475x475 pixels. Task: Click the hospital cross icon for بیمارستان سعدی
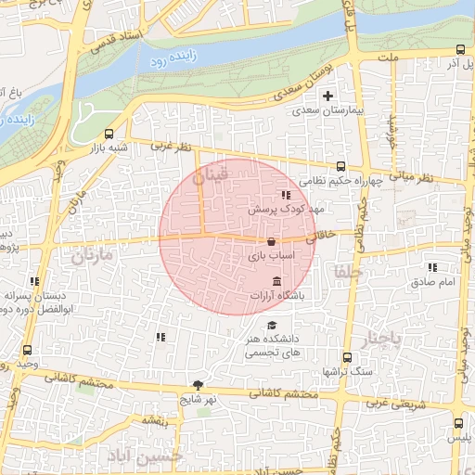pos(327,96)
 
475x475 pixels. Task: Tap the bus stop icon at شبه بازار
pos(110,134)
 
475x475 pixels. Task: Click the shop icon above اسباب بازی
pos(271,241)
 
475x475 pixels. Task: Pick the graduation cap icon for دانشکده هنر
pos(272,325)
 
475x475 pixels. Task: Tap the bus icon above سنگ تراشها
pos(347,357)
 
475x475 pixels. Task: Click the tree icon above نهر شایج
pos(198,384)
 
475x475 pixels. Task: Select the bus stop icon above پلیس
pos(458,423)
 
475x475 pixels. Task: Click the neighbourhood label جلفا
pos(342,272)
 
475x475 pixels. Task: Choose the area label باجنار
pos(381,340)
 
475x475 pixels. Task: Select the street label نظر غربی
pos(171,147)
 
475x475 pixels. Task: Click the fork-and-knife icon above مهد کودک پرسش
pos(286,195)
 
